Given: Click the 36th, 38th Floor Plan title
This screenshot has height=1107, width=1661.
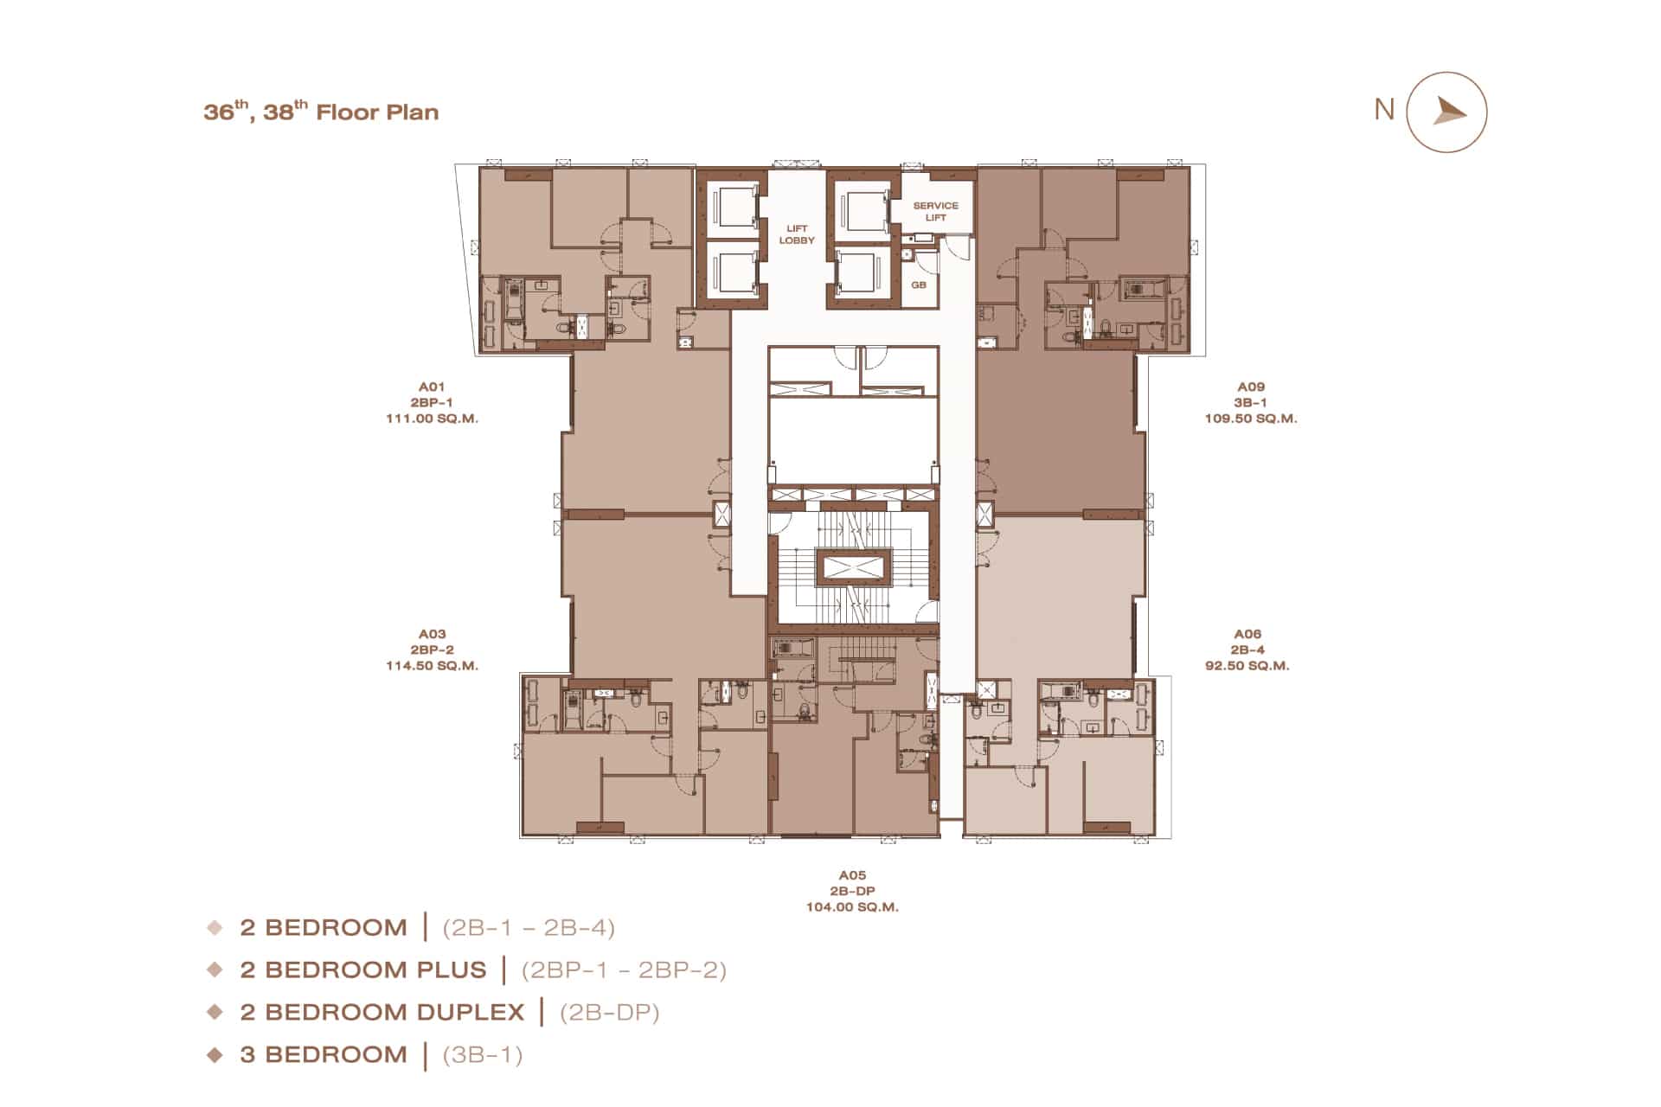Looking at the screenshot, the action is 321,112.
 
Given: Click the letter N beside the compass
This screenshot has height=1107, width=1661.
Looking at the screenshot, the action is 1384,110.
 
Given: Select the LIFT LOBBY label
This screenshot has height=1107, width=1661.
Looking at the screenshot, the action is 797,234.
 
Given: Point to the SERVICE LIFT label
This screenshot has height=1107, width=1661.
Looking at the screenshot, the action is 936,211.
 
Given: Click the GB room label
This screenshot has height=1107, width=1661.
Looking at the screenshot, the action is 919,285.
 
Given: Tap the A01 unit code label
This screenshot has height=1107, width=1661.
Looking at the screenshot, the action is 432,387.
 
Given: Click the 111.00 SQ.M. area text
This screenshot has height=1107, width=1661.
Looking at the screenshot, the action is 432,418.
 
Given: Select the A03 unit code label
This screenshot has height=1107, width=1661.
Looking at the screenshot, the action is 432,634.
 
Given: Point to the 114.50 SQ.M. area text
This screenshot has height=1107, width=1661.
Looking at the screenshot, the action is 432,665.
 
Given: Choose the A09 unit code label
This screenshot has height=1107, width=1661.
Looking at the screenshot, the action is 1251,387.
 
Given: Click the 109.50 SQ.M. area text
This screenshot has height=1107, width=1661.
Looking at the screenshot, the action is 1251,418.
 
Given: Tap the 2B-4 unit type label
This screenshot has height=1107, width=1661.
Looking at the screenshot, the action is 1247,649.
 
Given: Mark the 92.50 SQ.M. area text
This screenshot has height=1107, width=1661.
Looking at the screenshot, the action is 1247,665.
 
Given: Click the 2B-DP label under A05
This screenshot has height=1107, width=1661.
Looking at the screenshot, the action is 852,891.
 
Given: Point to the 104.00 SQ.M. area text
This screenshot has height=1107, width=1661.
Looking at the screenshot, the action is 852,906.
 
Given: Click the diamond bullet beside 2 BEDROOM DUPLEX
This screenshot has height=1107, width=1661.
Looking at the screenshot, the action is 215,1012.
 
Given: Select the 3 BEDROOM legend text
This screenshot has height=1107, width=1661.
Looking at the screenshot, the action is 324,1054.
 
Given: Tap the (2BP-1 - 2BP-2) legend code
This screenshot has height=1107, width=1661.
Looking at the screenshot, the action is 624,969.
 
